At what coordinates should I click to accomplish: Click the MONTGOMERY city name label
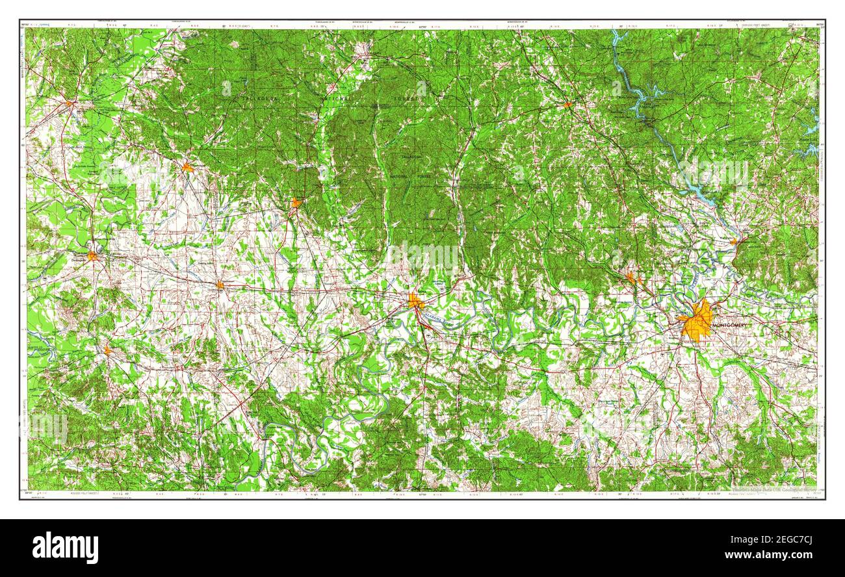coord(731,324)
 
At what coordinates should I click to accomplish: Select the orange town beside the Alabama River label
coord(415,301)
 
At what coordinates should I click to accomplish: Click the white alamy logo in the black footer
coord(65,547)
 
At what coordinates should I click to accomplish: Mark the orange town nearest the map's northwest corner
coord(69,103)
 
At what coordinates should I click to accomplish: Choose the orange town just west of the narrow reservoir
coord(567,104)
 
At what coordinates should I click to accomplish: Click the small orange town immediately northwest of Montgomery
coord(630,278)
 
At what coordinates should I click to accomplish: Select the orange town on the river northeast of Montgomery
coord(734,241)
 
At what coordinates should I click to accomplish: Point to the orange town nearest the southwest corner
coord(107,351)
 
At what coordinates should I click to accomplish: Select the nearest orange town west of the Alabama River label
coord(220,285)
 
